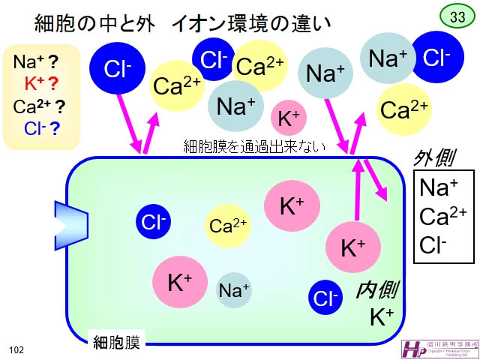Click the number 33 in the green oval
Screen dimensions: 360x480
tap(456, 16)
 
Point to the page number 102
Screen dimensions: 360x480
tap(16, 349)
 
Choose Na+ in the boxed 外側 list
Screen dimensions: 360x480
tap(438, 188)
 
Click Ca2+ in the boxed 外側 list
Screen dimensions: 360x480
tap(443, 217)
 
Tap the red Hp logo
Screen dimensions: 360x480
tap(413, 349)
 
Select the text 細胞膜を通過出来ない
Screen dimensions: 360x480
tap(255, 147)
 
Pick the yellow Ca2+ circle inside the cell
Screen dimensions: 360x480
tap(228, 226)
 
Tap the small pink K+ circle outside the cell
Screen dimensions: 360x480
tap(289, 118)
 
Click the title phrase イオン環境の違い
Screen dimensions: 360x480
tap(251, 24)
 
